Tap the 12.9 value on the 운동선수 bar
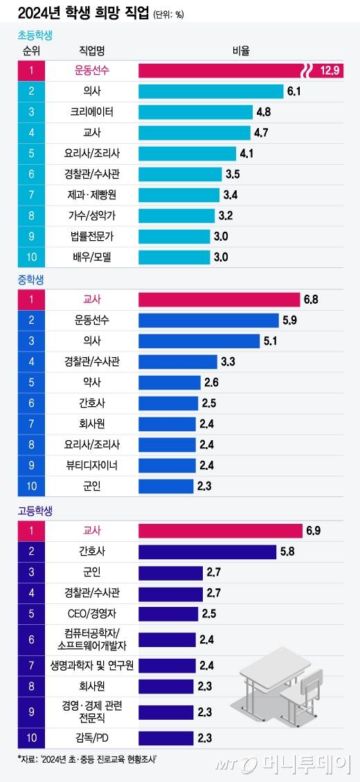(330, 71)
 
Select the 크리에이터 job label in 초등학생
(91, 112)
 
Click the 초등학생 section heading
(35, 35)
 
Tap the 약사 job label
(91, 383)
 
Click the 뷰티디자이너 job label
(91, 466)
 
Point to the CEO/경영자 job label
(91, 614)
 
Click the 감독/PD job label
(91, 738)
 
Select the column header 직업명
(91, 51)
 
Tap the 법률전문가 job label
(91, 237)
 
